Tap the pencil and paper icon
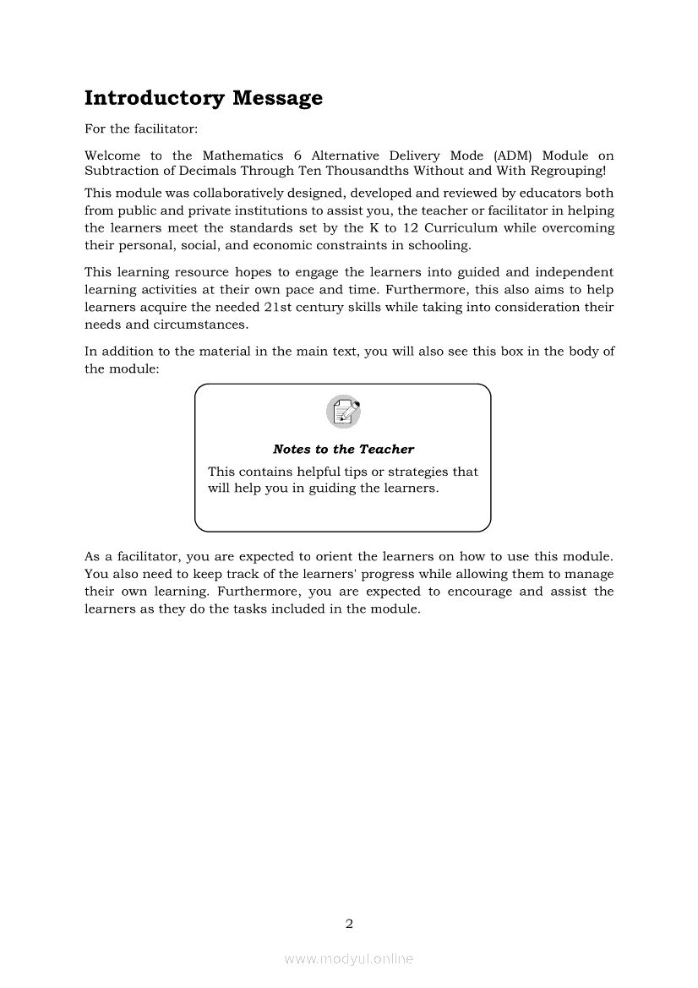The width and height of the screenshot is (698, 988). click(343, 412)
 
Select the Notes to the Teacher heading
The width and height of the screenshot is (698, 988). click(343, 450)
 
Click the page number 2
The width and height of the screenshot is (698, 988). click(349, 924)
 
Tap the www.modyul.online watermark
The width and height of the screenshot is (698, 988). click(349, 959)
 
